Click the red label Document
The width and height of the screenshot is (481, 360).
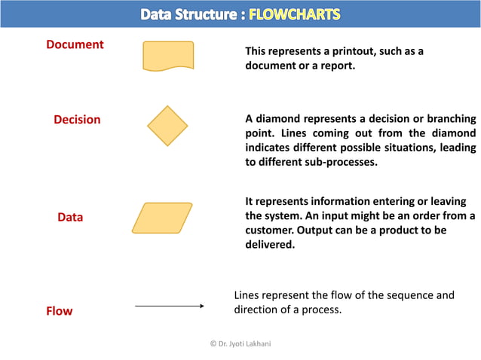(75, 44)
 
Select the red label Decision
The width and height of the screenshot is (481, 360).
(77, 119)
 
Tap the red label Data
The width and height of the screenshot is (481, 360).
(70, 217)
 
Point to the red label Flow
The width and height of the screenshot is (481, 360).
(60, 310)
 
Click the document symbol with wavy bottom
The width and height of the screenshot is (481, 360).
(168, 56)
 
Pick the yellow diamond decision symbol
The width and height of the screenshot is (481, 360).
(167, 125)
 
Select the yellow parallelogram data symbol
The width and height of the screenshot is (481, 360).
(162, 218)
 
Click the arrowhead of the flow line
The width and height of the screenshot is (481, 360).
(201, 306)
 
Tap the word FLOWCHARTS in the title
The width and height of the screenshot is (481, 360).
(295, 14)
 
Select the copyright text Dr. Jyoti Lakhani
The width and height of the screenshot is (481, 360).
(240, 343)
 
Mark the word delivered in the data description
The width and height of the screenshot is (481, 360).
(270, 244)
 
